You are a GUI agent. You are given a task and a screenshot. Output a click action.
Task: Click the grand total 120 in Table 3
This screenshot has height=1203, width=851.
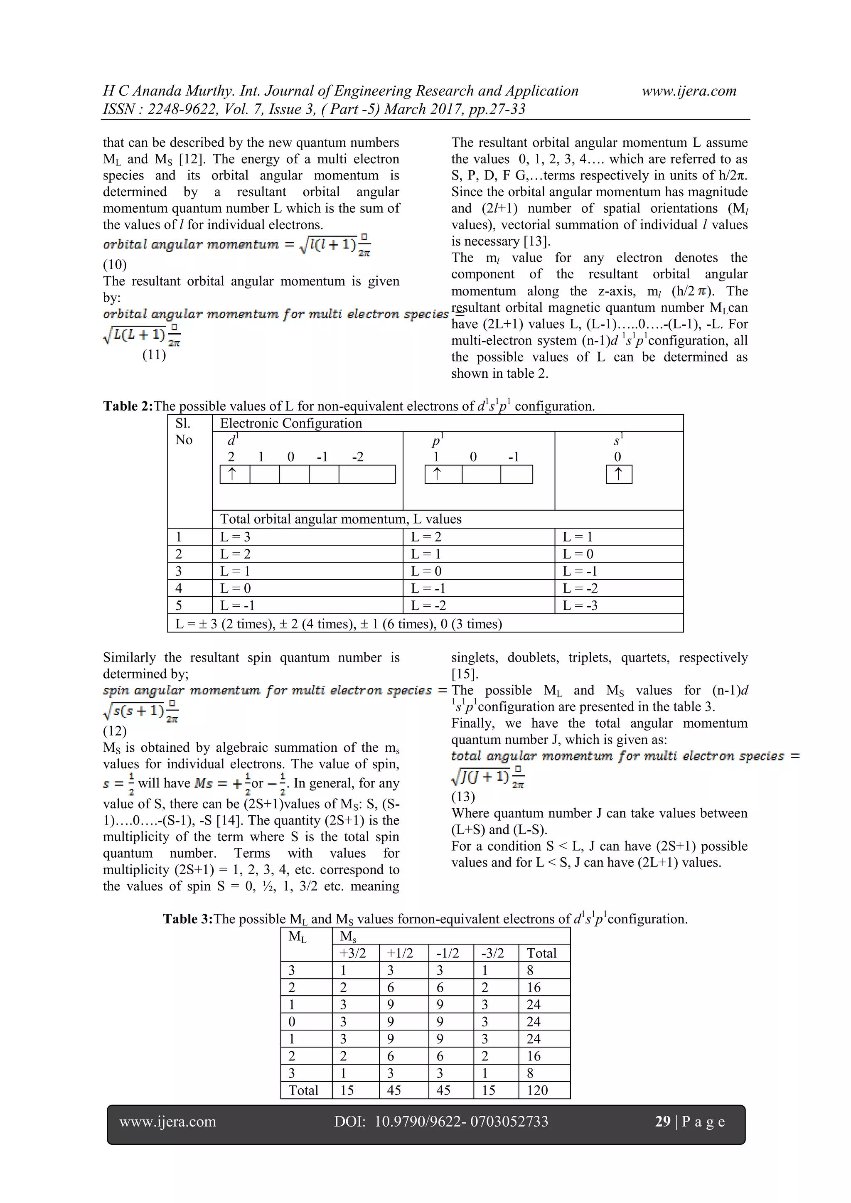(x=537, y=1090)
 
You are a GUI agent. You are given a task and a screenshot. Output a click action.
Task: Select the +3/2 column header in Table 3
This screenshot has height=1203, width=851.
(x=353, y=953)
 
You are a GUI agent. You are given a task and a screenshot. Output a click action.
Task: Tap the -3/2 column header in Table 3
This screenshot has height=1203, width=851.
(x=492, y=953)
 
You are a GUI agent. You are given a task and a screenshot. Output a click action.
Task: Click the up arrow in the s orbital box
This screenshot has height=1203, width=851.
(x=618, y=474)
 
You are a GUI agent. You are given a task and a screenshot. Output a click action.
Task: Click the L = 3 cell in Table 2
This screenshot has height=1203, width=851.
(x=235, y=536)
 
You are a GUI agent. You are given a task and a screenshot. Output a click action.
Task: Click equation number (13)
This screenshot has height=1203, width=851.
(x=463, y=797)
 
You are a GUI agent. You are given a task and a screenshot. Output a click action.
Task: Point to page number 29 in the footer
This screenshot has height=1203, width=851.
(x=662, y=1121)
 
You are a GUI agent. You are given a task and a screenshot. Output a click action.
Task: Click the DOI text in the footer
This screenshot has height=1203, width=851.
(x=441, y=1121)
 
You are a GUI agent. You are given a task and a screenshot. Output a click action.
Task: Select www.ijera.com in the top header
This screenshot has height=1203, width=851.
(x=689, y=91)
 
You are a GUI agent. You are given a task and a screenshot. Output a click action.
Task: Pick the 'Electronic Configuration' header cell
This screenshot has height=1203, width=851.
(x=291, y=423)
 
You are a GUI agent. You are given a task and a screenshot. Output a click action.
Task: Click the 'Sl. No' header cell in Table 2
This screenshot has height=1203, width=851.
(x=184, y=431)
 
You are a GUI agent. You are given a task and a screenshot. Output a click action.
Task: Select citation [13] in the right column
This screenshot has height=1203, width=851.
(x=536, y=241)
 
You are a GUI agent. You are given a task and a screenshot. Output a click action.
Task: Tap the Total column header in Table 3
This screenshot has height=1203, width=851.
(x=541, y=953)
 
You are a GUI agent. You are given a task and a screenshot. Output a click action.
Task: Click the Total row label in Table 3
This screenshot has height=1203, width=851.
(x=303, y=1090)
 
